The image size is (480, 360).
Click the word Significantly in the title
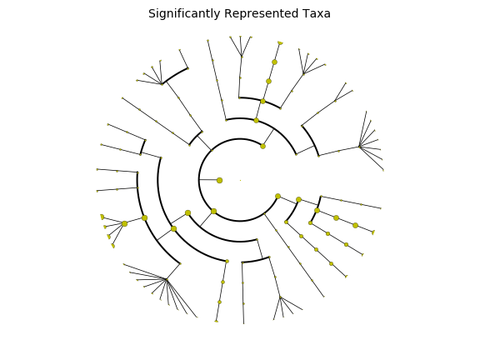(x=184, y=14)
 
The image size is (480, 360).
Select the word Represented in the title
(x=262, y=14)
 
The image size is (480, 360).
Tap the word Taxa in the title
(x=317, y=14)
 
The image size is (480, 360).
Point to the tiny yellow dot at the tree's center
(x=240, y=180)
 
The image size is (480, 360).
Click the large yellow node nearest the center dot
(x=219, y=180)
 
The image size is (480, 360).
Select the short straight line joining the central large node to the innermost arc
(x=209, y=180)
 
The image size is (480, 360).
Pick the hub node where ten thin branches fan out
(x=167, y=279)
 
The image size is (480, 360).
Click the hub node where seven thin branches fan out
(x=360, y=147)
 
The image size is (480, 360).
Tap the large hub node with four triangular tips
(x=124, y=224)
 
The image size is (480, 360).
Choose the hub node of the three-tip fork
(x=242, y=57)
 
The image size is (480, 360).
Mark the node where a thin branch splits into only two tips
(x=336, y=101)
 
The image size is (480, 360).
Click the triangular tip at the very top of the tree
(x=280, y=42)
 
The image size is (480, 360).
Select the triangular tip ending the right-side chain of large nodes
(x=373, y=232)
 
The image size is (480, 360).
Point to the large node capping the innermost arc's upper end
(x=263, y=147)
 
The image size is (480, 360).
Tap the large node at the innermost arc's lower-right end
(x=278, y=196)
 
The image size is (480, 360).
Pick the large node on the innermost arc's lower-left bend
(x=213, y=211)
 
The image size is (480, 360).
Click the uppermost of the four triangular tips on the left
(x=102, y=217)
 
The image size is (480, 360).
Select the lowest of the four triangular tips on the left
(x=113, y=246)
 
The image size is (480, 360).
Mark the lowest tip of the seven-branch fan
(x=383, y=170)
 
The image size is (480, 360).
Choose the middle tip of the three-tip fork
(x=240, y=37)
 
